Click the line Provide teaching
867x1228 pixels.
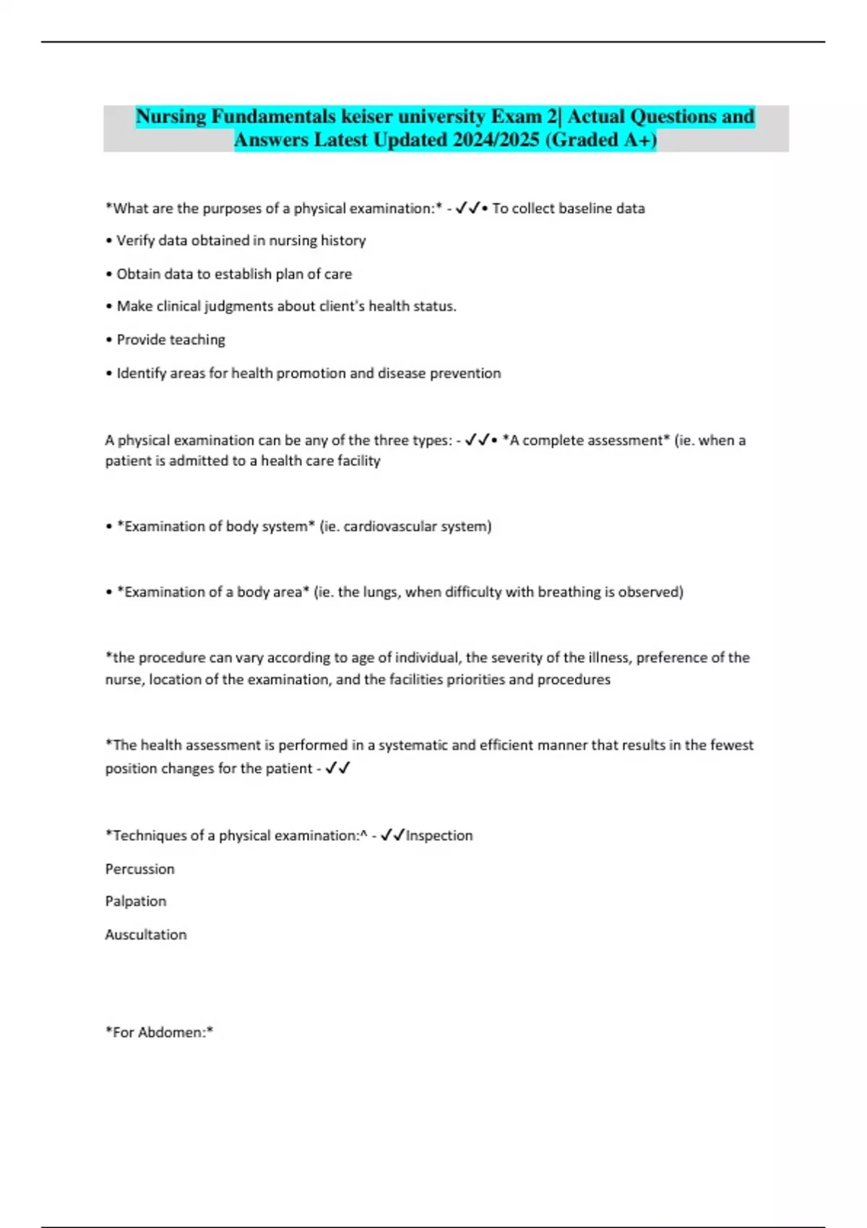click(171, 340)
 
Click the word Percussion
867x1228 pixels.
click(139, 869)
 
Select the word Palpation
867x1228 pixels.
click(136, 901)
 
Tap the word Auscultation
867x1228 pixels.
click(146, 935)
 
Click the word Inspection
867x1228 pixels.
click(439, 836)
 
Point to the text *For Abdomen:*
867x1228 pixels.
click(159, 1033)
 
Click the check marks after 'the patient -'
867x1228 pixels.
click(337, 769)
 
